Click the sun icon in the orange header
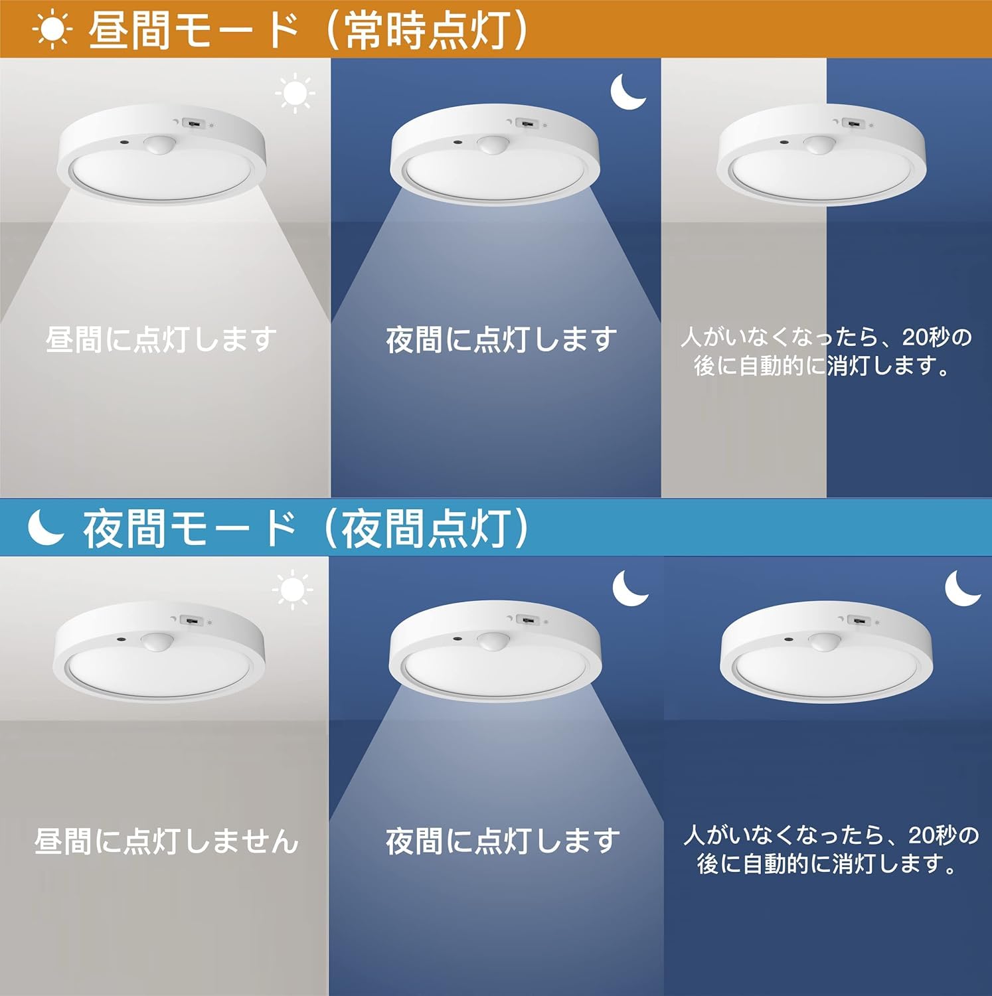pyautogui.click(x=52, y=31)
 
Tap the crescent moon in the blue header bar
pyautogui.click(x=45, y=529)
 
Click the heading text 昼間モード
pyautogui.click(x=193, y=31)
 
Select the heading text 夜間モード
pyautogui.click(x=189, y=529)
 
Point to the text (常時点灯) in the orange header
pyautogui.click(x=428, y=31)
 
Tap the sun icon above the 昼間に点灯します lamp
pyautogui.click(x=295, y=94)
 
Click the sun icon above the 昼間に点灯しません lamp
pyautogui.click(x=292, y=590)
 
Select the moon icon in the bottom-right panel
pyautogui.click(x=962, y=588)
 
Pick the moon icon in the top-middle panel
pyautogui.click(x=627, y=92)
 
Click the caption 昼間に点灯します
pyautogui.click(x=161, y=339)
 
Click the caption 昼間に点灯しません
pyautogui.click(x=166, y=841)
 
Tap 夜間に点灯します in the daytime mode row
pyautogui.click(x=501, y=339)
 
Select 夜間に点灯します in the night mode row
pyautogui.click(x=503, y=841)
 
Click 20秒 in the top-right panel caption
pyautogui.click(x=926, y=337)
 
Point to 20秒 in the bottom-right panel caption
pyautogui.click(x=933, y=834)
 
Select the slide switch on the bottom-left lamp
pyautogui.click(x=191, y=621)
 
